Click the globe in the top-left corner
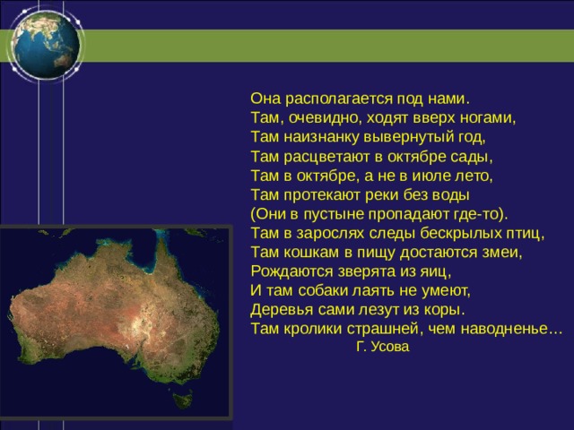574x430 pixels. tap(46, 44)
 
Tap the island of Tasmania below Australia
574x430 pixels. tap(182, 400)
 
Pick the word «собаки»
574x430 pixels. tap(322, 290)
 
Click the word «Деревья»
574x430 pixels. tap(282, 310)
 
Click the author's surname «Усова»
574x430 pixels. tap(389, 347)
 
